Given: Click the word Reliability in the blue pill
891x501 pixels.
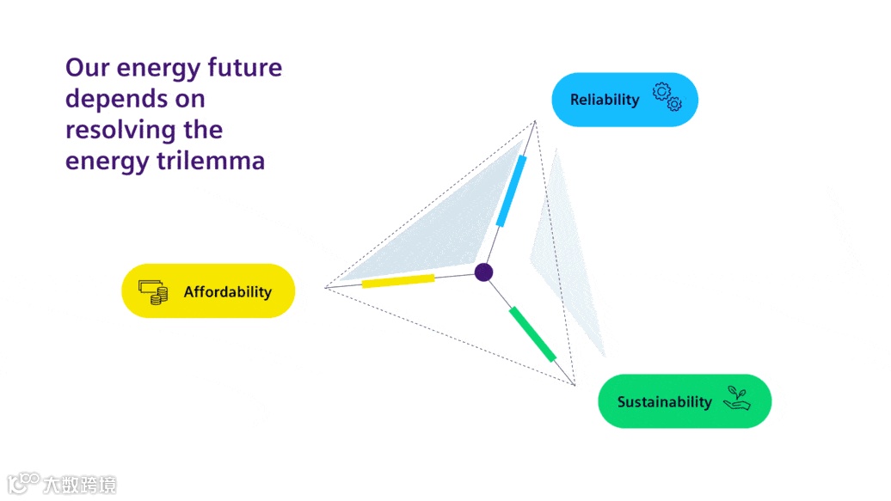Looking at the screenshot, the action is pos(605,100).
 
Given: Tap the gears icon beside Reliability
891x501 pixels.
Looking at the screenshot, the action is pos(667,97).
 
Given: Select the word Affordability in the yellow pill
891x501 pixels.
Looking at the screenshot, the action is pos(227,292).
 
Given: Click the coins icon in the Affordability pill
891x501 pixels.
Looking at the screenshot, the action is pos(153,291).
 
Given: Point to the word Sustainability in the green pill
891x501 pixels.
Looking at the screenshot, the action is pos(664,402).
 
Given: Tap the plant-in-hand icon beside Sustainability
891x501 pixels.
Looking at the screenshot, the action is pos(736,397).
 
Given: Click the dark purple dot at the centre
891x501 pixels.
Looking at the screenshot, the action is pos(483,272).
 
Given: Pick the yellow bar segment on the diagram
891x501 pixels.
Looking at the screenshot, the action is pos(397,280).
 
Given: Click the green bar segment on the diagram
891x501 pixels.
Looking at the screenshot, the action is pos(532,333).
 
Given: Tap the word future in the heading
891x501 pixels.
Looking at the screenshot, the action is pos(244,67).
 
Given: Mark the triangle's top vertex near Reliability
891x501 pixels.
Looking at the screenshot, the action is pos(535,122).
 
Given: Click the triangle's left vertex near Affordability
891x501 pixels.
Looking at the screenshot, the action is pos(325,287).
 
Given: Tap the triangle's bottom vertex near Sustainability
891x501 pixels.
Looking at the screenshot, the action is pos(575,385).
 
